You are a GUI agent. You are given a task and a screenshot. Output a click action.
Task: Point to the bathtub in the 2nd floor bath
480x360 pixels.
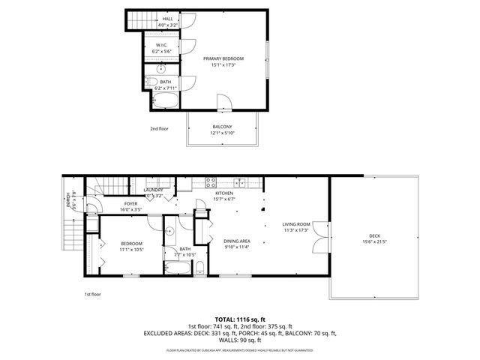click(x=166, y=100)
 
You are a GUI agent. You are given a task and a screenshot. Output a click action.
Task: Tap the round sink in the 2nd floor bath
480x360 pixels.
click(x=160, y=68)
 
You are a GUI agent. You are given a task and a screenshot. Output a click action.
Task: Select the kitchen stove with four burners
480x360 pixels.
click(x=211, y=181)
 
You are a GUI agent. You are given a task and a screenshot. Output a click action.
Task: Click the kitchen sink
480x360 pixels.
click(x=239, y=181)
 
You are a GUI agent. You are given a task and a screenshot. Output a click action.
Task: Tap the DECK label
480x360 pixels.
click(x=373, y=236)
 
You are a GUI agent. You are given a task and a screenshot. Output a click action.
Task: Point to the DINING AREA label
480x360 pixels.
click(x=237, y=241)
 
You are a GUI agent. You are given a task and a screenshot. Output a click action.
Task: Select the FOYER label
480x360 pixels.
click(x=130, y=204)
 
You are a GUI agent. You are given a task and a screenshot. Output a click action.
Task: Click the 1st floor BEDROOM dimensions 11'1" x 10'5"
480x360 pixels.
click(x=131, y=250)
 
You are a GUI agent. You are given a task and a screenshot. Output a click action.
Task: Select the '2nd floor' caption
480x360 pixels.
click(x=158, y=128)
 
